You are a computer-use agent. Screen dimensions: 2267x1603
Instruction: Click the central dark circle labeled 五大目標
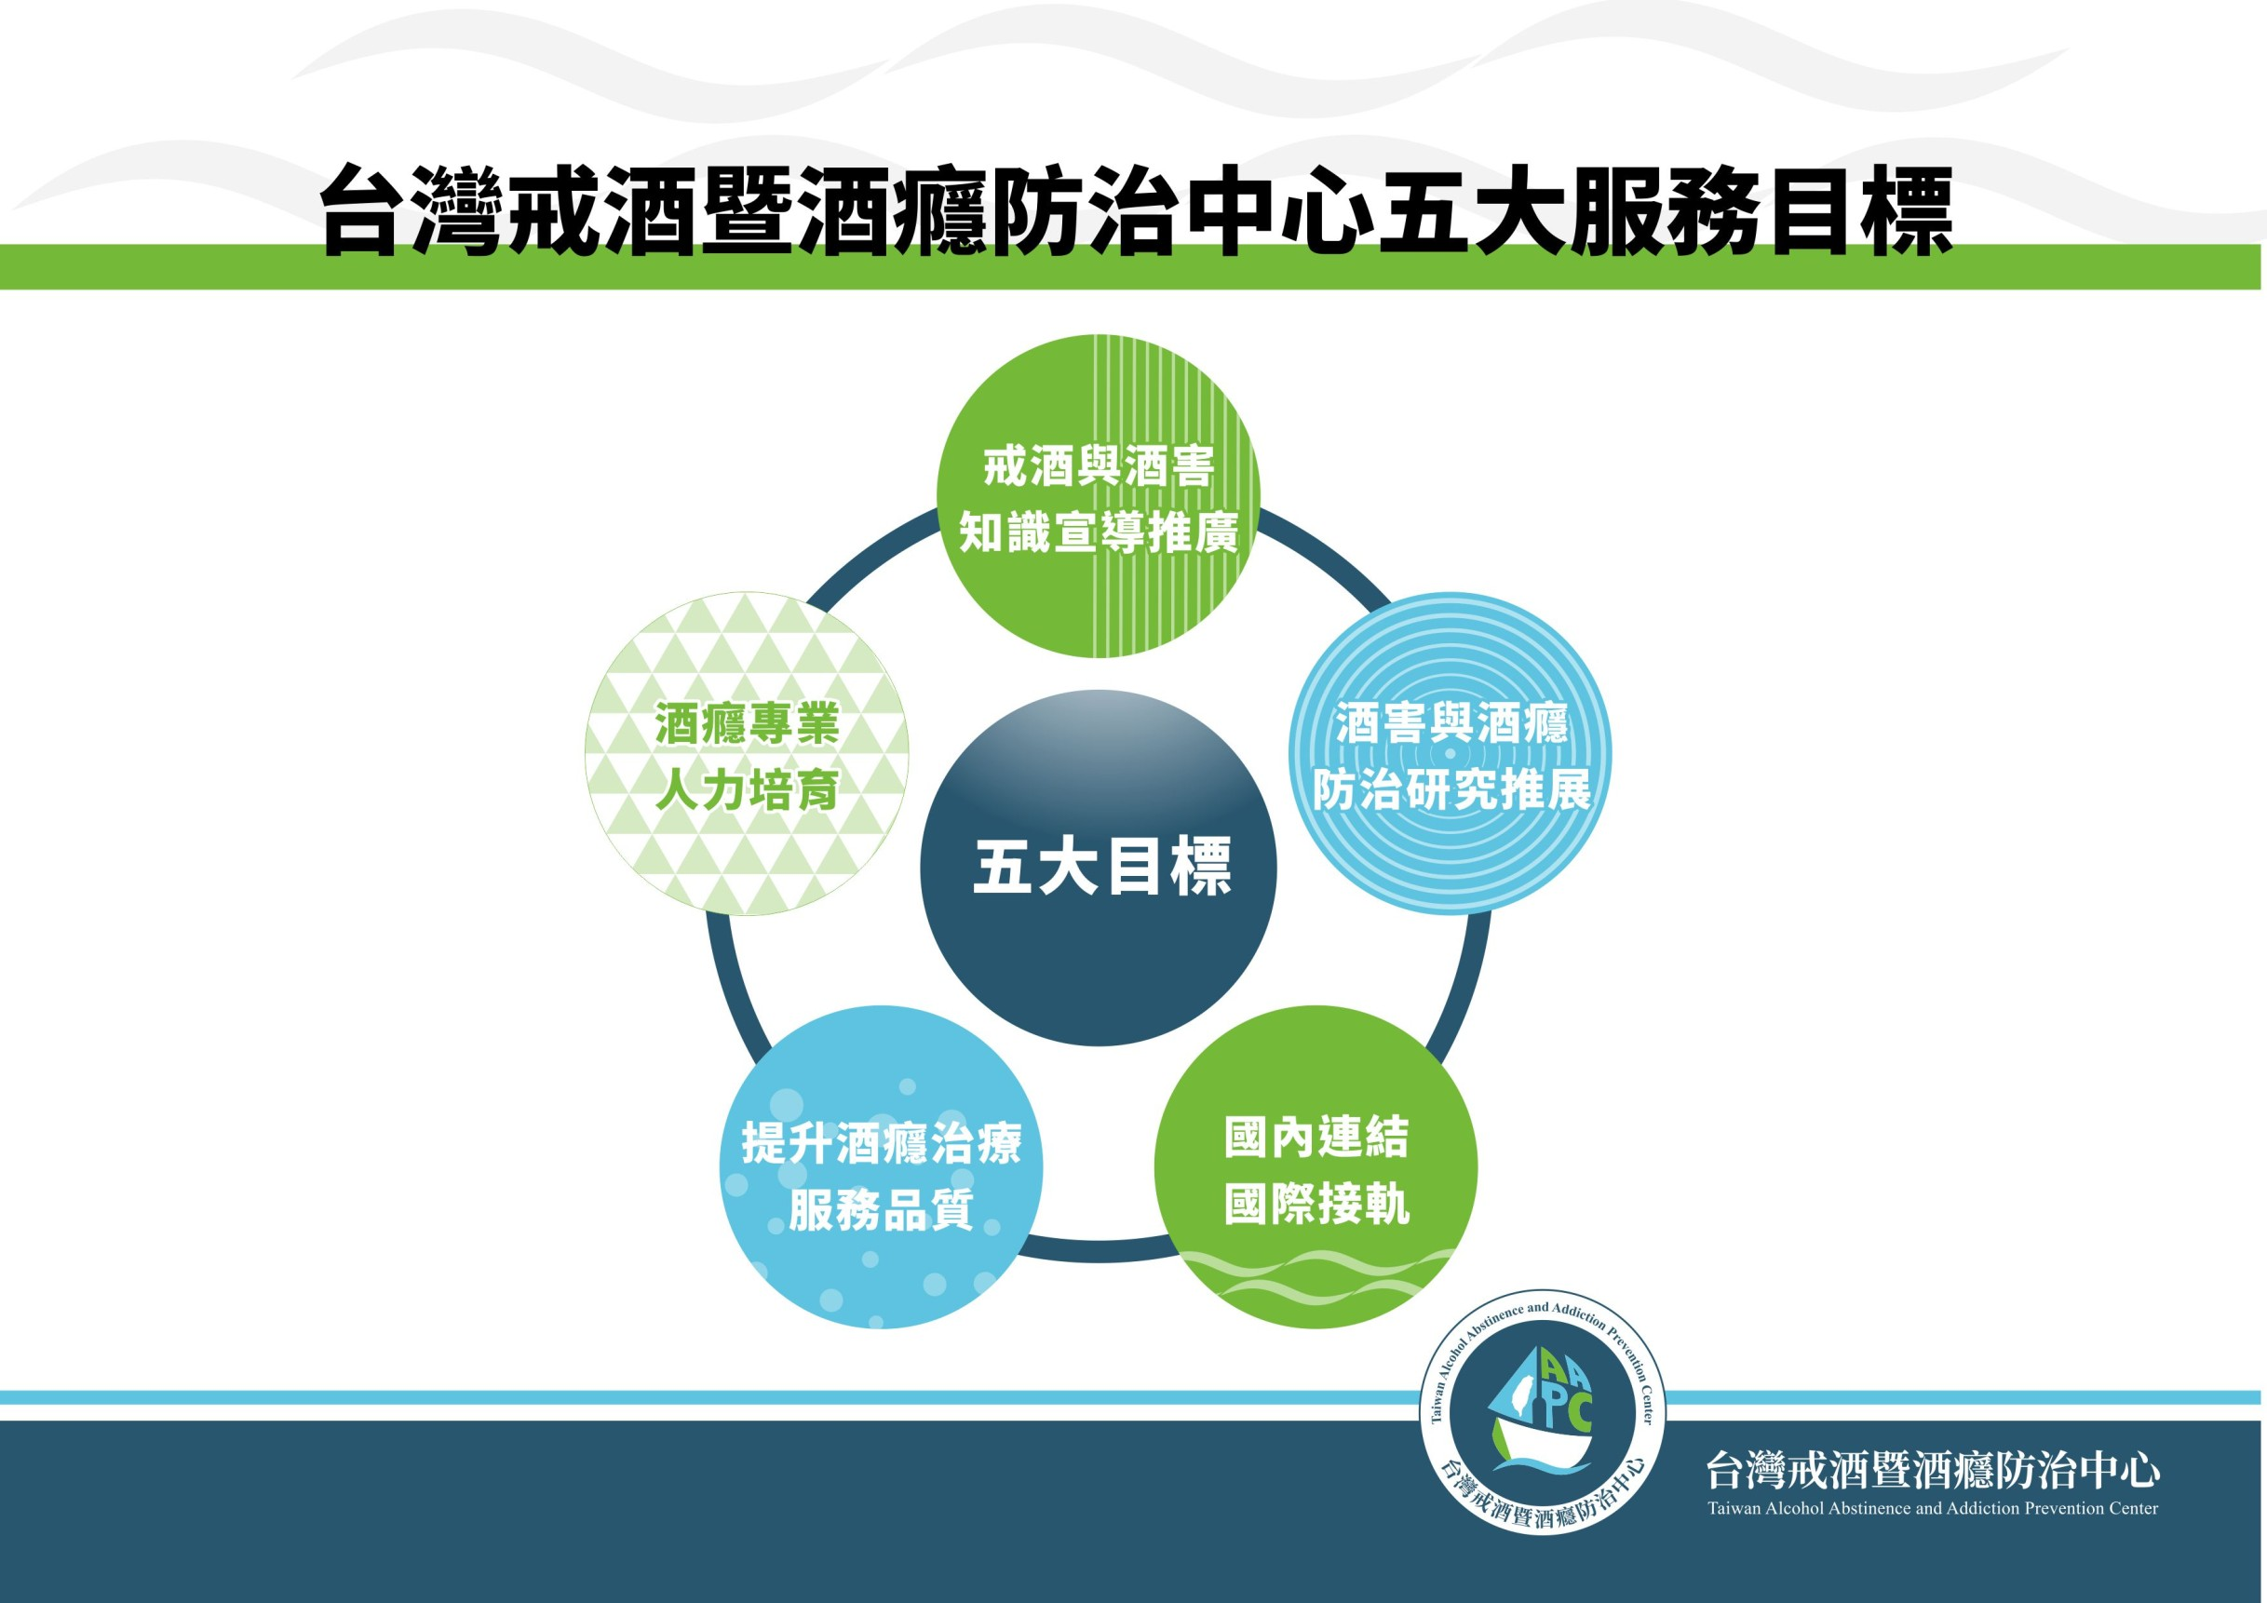[1098, 868]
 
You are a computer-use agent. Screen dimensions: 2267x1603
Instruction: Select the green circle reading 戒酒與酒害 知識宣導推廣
[1098, 496]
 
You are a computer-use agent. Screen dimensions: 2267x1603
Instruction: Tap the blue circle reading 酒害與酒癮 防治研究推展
[1451, 752]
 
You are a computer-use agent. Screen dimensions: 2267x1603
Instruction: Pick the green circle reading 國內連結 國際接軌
[1316, 1166]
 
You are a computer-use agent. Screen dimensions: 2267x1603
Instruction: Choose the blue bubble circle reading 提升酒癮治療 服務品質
[881, 1166]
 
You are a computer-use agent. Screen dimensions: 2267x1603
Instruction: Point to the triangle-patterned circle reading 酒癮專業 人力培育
[747, 753]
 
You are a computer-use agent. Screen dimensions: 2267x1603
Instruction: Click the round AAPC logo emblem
[1543, 1412]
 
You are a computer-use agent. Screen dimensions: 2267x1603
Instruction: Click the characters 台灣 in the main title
[413, 210]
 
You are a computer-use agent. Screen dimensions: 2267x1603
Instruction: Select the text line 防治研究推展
[1451, 788]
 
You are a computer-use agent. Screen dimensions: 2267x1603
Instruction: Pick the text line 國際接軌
[1316, 1205]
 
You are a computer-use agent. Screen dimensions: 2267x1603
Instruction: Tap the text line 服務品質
[881, 1210]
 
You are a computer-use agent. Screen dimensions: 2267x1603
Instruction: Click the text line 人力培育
[747, 789]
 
